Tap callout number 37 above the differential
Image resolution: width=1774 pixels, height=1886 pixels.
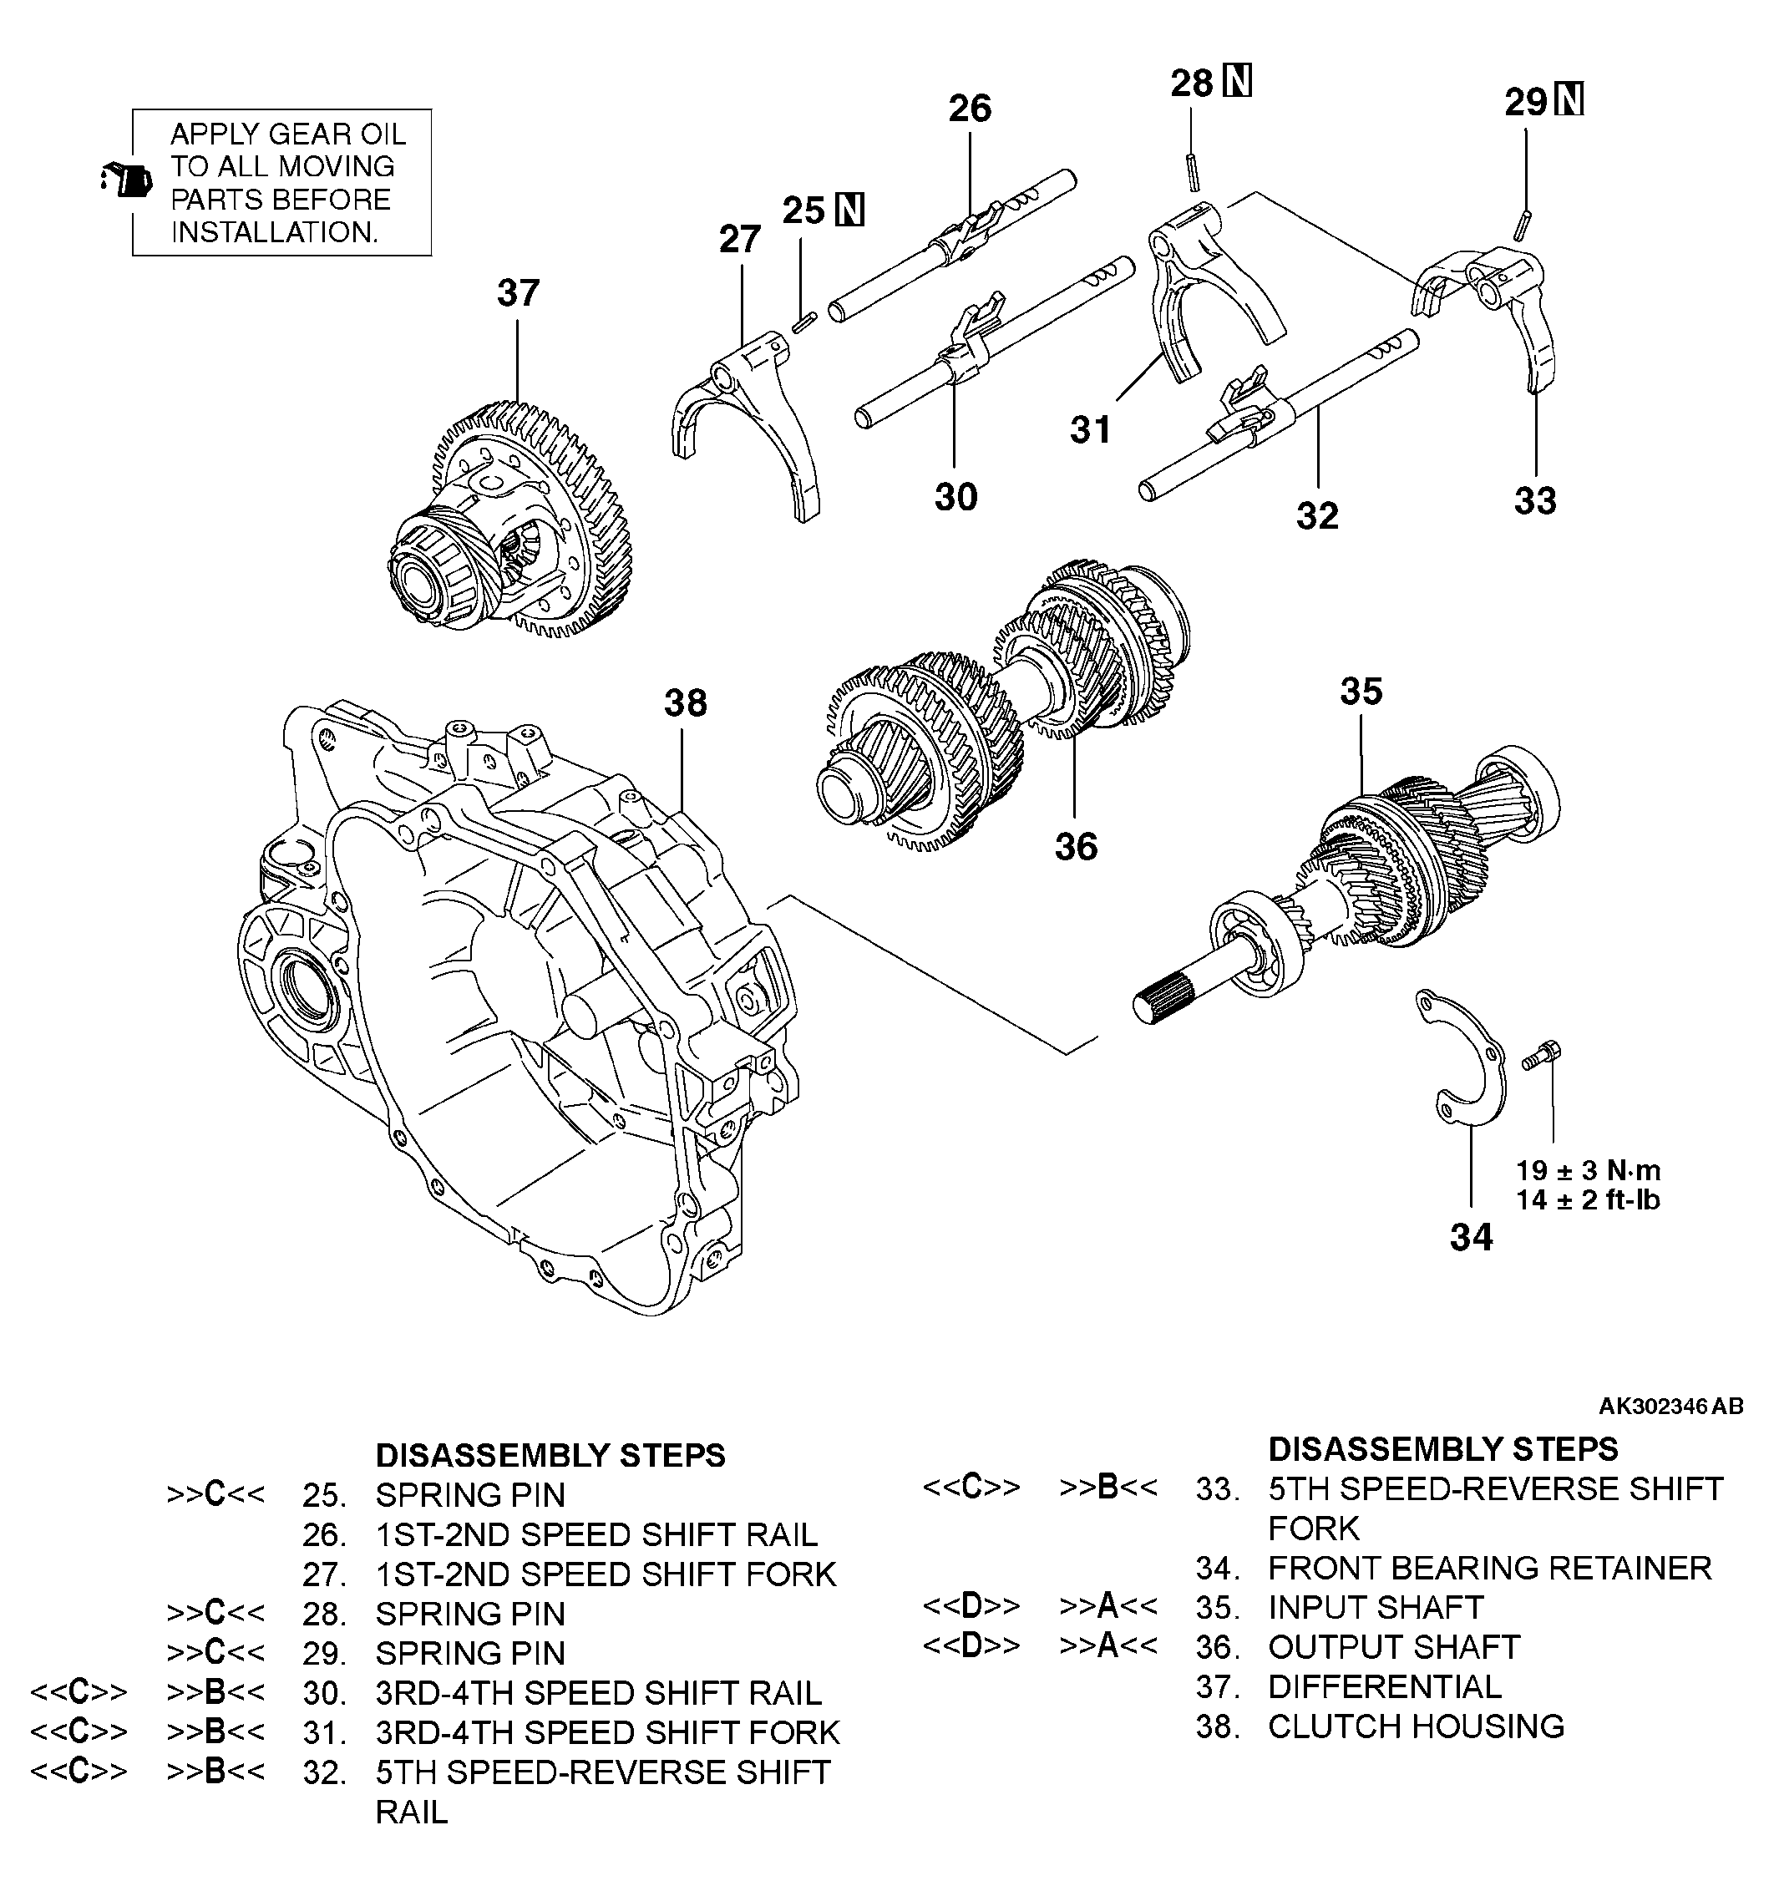click(518, 293)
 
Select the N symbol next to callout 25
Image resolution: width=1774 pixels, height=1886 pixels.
click(850, 210)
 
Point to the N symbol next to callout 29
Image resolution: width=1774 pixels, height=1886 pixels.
click(1569, 99)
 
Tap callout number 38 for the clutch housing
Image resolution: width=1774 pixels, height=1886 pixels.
click(685, 703)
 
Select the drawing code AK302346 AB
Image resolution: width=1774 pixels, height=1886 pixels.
click(1670, 1405)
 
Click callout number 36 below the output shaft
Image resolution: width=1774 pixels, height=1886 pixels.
click(1076, 846)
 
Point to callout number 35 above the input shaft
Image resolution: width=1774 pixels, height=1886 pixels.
click(1361, 691)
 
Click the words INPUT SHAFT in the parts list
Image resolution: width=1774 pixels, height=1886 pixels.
click(1376, 1607)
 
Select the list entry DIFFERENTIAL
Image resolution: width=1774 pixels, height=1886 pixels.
click(1385, 1686)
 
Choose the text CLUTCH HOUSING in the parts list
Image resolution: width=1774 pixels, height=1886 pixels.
click(1417, 1726)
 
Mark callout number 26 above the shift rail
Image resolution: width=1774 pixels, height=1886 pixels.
click(970, 108)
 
